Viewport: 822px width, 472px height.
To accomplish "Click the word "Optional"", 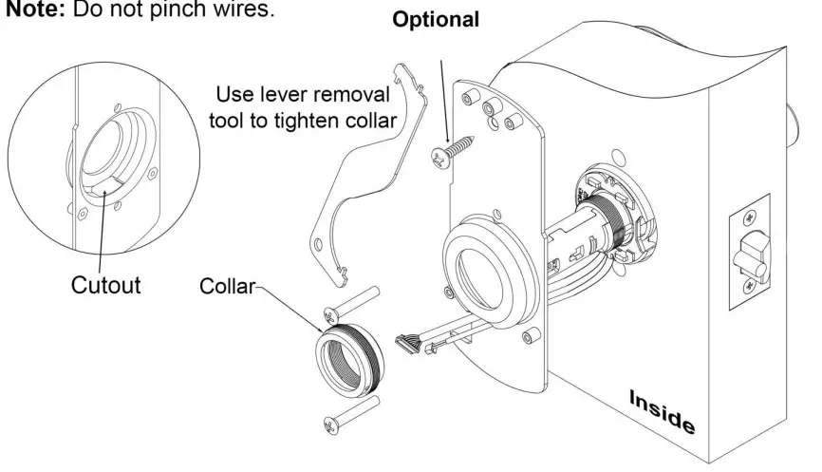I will [x=438, y=19].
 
